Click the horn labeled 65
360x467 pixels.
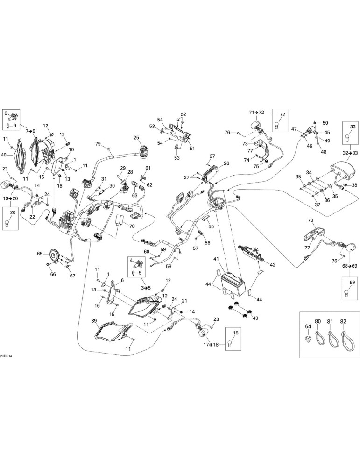(54, 254)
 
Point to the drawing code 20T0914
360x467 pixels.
(6, 356)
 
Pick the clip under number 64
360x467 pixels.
(308, 338)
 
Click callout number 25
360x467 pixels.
(136, 138)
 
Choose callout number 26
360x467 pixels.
(226, 163)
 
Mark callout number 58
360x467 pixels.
(169, 267)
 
